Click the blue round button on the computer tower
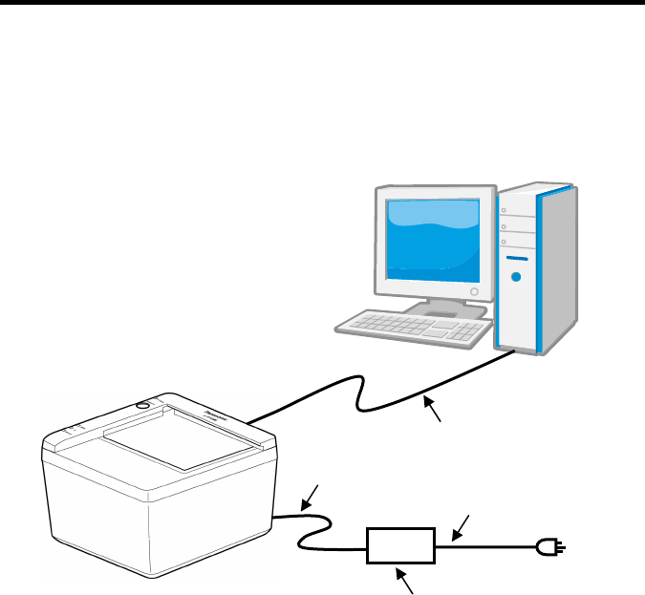pyautogui.click(x=517, y=278)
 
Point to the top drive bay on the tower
pyautogui.click(x=516, y=209)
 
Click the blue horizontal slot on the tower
pyautogui.click(x=517, y=257)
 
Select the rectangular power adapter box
pyautogui.click(x=401, y=546)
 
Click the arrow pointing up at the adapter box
pyautogui.click(x=407, y=581)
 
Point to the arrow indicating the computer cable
pyautogui.click(x=434, y=413)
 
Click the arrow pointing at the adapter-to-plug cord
pyautogui.click(x=462, y=525)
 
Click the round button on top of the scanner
pyautogui.click(x=143, y=405)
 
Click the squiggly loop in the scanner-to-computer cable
pyautogui.click(x=359, y=393)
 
